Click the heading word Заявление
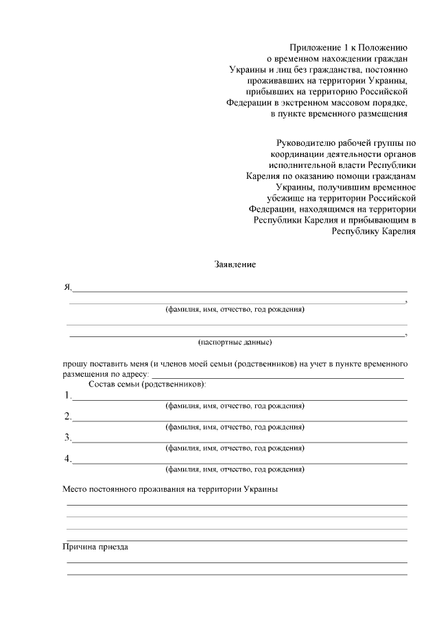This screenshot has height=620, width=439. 235,264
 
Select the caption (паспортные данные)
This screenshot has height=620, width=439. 235,341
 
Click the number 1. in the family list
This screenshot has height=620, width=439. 68,395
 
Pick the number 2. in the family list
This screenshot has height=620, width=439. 68,417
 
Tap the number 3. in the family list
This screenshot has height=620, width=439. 68,438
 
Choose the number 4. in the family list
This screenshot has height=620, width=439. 68,459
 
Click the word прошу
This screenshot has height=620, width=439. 74,364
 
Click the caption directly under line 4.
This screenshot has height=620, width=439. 235,469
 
